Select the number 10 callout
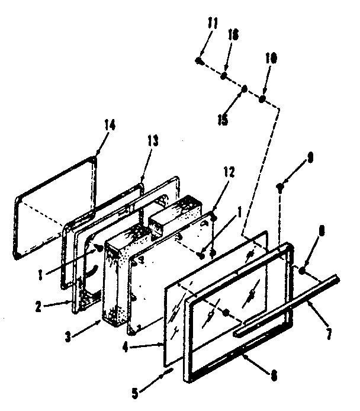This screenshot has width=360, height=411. tap(271, 59)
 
